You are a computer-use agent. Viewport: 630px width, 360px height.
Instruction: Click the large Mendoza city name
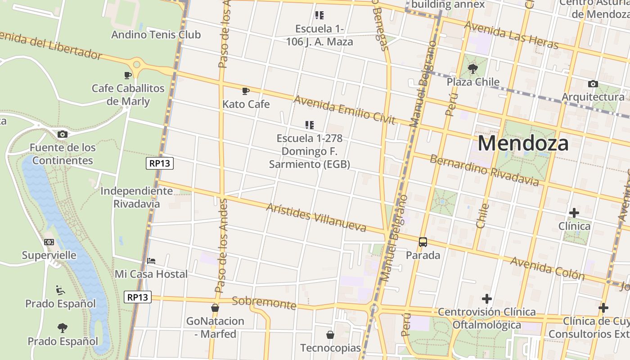[x=523, y=144]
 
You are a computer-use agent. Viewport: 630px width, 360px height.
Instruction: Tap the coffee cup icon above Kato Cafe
[x=245, y=91]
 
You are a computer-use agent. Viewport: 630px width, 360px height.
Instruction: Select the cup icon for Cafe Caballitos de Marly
[x=128, y=75]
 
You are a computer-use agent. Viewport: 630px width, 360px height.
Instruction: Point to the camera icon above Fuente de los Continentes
[x=63, y=134]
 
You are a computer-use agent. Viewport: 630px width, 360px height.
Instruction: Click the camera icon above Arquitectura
[x=593, y=84]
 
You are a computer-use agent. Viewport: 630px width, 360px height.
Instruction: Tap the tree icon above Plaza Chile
[x=472, y=69]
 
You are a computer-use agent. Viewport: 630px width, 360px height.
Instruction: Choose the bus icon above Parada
[x=423, y=242]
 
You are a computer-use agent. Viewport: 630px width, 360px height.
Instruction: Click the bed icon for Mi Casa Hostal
[x=151, y=261]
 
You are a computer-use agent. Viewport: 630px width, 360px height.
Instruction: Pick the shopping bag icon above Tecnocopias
[x=330, y=335]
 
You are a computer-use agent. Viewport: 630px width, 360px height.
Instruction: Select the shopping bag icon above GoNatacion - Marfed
[x=215, y=308]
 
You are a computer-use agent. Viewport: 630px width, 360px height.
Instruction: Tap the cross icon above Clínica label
[x=574, y=212]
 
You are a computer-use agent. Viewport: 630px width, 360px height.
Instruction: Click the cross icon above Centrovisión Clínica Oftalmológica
[x=486, y=299]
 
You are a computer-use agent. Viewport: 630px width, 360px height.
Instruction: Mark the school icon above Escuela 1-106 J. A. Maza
[x=319, y=16]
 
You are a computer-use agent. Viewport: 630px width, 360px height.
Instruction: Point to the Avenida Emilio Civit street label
[x=344, y=110]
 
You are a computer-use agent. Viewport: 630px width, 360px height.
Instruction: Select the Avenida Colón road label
[x=547, y=268]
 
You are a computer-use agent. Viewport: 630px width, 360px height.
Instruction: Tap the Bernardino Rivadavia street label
[x=484, y=170]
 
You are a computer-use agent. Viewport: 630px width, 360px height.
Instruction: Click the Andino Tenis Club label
[x=156, y=35]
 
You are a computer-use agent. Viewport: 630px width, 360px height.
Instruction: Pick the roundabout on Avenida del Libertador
[x=137, y=67]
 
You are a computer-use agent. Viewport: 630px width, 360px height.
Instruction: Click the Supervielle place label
[x=49, y=255]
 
